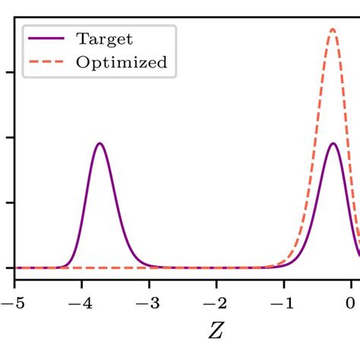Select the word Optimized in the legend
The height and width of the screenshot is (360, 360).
pos(121,62)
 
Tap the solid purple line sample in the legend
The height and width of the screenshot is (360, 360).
pos(48,38)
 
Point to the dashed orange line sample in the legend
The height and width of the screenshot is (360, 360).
pos(48,62)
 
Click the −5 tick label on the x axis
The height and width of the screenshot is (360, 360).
pos(11,302)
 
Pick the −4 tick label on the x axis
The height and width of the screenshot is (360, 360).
pos(78,302)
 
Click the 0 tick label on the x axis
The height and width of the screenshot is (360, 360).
pos(352,302)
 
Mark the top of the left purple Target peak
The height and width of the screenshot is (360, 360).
pos(99,144)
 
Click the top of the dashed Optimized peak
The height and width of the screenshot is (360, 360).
pos(333,30)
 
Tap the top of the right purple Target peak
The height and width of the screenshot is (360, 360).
pos(333,144)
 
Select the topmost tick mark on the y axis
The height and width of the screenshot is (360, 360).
pos(11,73)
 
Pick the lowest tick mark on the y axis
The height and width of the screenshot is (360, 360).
pos(11,267)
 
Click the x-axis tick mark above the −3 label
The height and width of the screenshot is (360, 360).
pos(149,283)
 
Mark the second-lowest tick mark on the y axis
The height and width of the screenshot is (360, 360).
pos(11,203)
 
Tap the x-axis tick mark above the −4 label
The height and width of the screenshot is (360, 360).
pos(81,283)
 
